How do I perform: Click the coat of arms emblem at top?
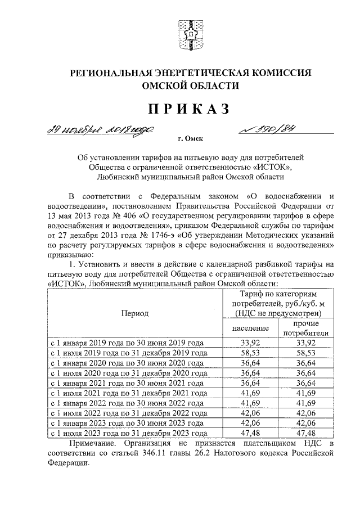click(186, 34)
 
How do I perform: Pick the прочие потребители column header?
click(305, 328)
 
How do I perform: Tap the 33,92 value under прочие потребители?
click(305, 342)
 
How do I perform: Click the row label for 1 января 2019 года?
click(126, 342)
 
